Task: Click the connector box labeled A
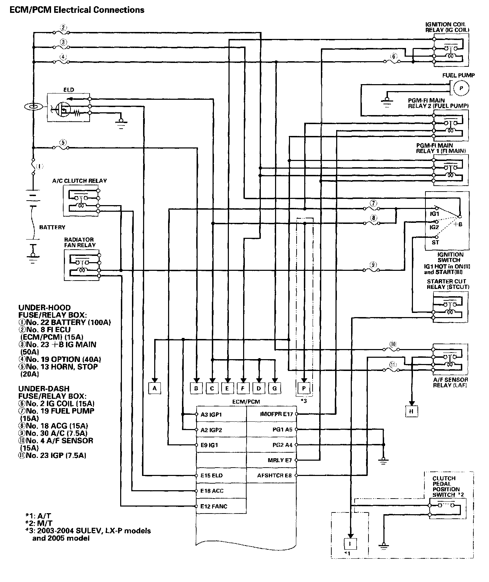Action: coord(155,388)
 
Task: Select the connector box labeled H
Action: coord(412,411)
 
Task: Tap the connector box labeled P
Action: coord(304,388)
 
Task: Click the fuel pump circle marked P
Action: coord(461,88)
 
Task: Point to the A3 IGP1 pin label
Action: coord(211,414)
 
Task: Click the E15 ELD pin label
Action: coord(212,475)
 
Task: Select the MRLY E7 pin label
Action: coord(280,460)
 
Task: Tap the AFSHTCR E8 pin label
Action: coord(274,475)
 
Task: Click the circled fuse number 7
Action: coord(373,203)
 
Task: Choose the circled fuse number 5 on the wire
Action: coord(63,142)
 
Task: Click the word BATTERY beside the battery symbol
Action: coord(52,227)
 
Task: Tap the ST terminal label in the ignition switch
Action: coord(435,242)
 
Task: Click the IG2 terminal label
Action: coord(434,227)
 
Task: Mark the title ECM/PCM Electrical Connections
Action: coord(77,10)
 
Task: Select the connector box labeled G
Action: coord(275,388)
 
